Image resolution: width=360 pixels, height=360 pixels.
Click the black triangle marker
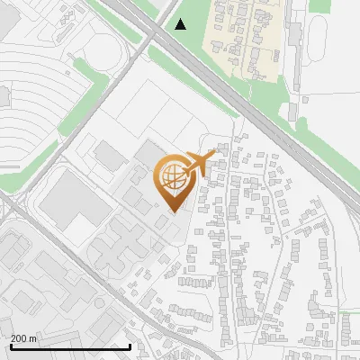tap(181, 24)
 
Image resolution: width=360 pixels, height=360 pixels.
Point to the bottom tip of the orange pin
tap(174, 211)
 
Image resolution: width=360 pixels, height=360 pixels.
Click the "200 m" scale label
tap(24, 338)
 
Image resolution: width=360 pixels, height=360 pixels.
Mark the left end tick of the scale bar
tap(10, 346)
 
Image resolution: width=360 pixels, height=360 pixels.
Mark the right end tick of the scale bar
tap(130, 346)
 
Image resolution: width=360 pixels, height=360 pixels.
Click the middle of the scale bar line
tap(70, 346)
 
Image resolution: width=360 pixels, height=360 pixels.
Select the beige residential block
tap(243, 36)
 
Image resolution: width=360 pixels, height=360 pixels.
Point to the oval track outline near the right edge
tap(324, 40)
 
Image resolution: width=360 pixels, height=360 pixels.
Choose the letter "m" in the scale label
tap(33, 338)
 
